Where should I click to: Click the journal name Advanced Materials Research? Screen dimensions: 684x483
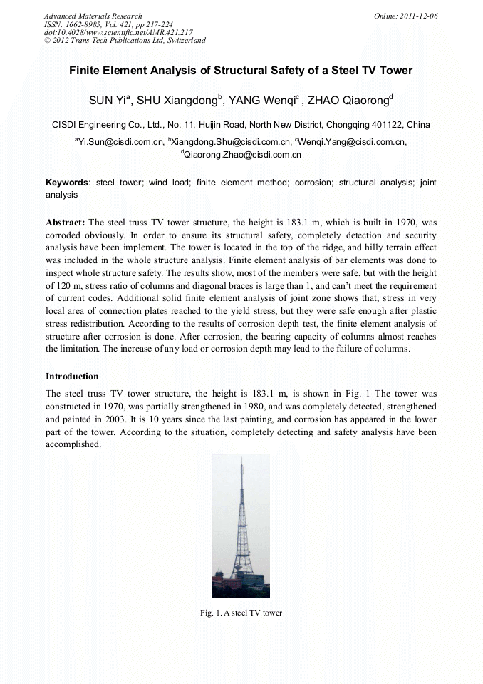[93, 16]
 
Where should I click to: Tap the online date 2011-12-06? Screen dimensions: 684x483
[415, 16]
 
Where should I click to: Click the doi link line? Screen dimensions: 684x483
[118, 32]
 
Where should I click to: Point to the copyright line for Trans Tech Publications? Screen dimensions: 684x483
[125, 41]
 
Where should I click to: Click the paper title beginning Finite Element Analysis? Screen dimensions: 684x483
[241, 71]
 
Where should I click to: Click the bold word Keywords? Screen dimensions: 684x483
[68, 183]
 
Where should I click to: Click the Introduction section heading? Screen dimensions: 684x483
[72, 376]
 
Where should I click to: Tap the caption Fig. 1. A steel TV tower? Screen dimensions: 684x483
[241, 613]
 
